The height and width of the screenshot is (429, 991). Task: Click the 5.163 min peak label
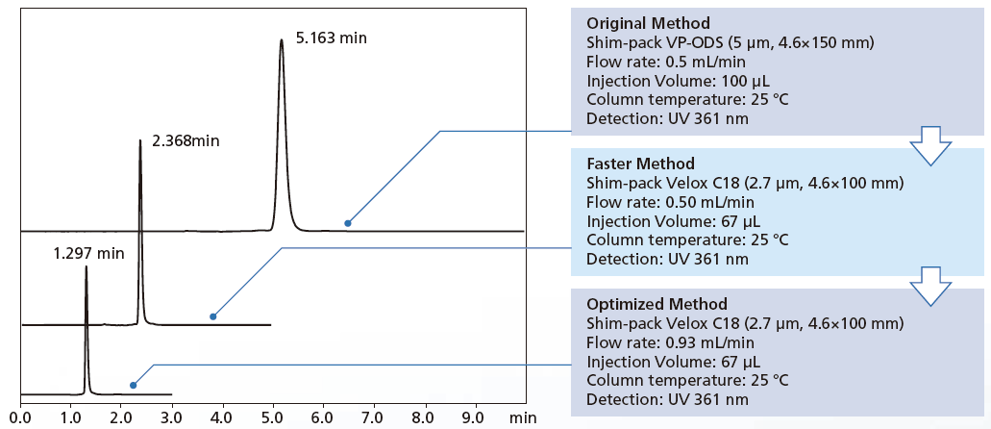332,38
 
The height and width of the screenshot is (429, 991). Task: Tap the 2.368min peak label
186,140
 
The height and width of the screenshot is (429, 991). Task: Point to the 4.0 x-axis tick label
221,418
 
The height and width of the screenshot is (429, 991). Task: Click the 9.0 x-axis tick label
474,418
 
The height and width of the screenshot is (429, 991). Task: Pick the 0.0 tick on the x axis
19,418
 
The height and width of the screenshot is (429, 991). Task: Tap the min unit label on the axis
523,418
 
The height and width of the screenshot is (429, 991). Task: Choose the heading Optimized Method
651,303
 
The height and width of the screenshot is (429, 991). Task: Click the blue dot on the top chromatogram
348,223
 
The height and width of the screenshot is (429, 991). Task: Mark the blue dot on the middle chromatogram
213,316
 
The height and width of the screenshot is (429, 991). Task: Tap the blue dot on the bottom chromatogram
133,386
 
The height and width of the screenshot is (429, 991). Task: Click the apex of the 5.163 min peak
281,40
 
